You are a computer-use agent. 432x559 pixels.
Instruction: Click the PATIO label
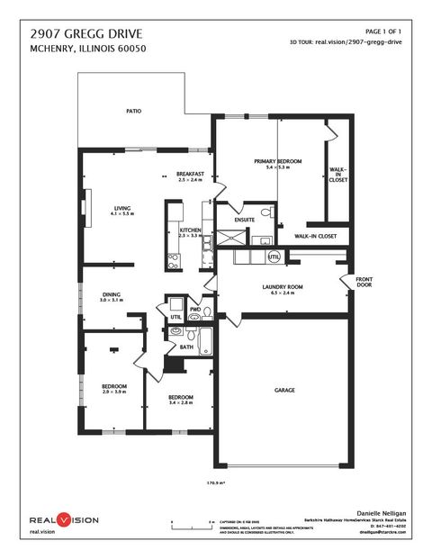pyautogui.click(x=134, y=112)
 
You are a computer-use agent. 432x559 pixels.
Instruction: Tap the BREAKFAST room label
pyautogui.click(x=190, y=174)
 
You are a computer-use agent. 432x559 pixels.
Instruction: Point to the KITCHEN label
pyautogui.click(x=190, y=231)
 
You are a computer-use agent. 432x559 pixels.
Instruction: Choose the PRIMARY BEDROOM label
pyautogui.click(x=283, y=162)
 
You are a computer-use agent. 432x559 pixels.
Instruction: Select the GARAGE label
pyautogui.click(x=285, y=390)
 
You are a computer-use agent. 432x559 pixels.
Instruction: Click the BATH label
pyautogui.click(x=186, y=347)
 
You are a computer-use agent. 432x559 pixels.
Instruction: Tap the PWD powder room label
pyautogui.click(x=194, y=308)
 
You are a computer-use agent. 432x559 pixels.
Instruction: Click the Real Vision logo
pyautogui.click(x=63, y=520)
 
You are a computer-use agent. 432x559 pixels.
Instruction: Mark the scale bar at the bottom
pyautogui.click(x=192, y=521)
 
